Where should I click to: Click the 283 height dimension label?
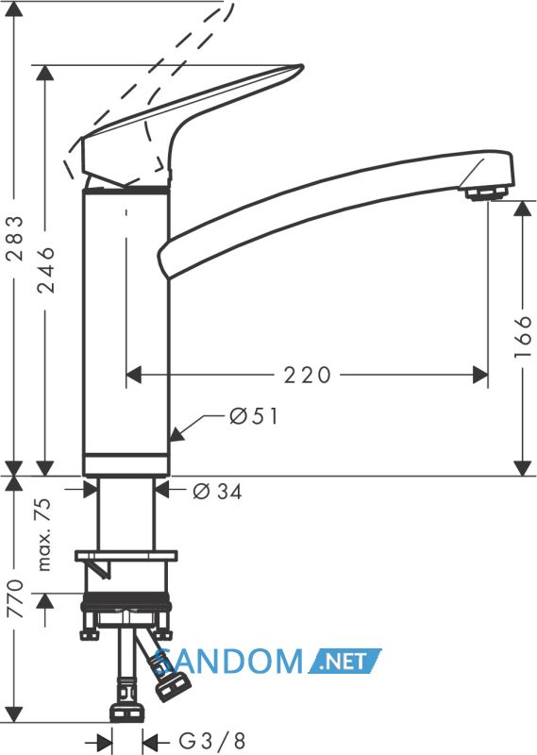16,239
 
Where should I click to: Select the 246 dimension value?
46,270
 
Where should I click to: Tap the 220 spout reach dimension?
308,375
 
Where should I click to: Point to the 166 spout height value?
522,337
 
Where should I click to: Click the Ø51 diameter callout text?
254,416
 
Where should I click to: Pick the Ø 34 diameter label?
218,491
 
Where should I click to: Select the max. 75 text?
43,534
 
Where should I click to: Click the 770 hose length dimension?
15,598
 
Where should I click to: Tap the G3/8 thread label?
212,740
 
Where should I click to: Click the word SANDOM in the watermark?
228,661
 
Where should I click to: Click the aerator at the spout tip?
486,193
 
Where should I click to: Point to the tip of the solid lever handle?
302,66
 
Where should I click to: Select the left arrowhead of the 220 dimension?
134,375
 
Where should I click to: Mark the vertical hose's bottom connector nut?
127,713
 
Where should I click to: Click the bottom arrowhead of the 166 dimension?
522,468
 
